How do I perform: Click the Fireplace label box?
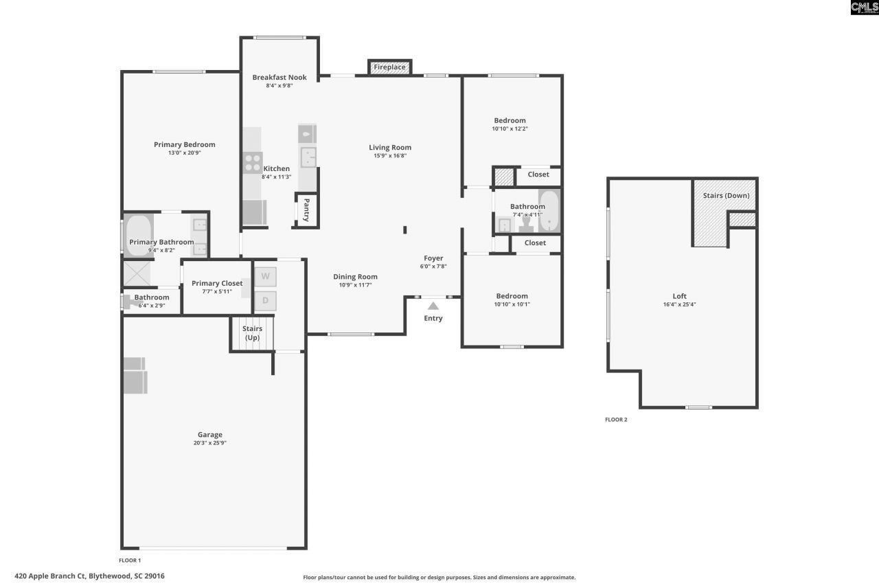coord(389,67)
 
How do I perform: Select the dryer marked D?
coord(265,301)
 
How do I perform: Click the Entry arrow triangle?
coord(433,306)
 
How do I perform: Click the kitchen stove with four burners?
coord(252,162)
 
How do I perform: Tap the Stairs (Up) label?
coord(252,333)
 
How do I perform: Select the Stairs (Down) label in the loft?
coord(726,196)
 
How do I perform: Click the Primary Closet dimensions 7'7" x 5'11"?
coord(217,292)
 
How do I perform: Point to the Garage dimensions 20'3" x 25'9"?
coord(210,443)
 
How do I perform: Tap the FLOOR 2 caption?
coord(616,419)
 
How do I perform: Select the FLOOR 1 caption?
coord(130,561)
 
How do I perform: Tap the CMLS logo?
coord(864,8)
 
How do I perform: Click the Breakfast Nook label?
coord(279,78)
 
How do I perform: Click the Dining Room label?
coord(355,277)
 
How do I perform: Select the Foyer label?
coord(433,258)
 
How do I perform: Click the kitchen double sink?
coord(308,157)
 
